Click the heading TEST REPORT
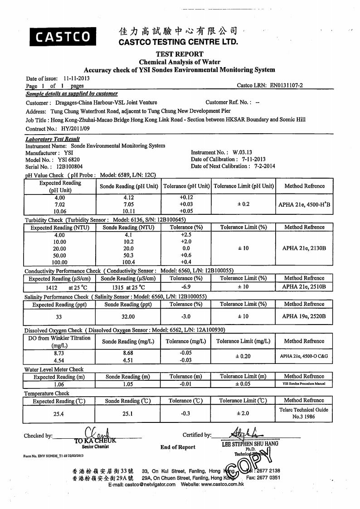(180, 54)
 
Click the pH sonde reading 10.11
(128, 211)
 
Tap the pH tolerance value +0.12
(186, 197)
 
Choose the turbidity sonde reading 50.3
(128, 256)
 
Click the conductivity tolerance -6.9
(186, 287)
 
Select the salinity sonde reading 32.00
(128, 317)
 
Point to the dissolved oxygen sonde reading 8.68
(128, 352)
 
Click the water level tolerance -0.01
(186, 384)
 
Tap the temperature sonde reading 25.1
(128, 413)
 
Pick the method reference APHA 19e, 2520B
(304, 316)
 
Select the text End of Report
(178, 447)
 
